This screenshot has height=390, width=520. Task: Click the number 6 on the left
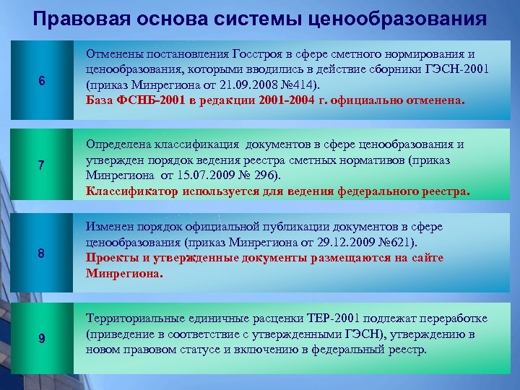click(42, 81)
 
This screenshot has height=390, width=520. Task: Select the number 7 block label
click(42, 165)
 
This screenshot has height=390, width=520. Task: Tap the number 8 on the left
click(42, 253)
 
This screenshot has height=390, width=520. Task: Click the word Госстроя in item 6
click(259, 54)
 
